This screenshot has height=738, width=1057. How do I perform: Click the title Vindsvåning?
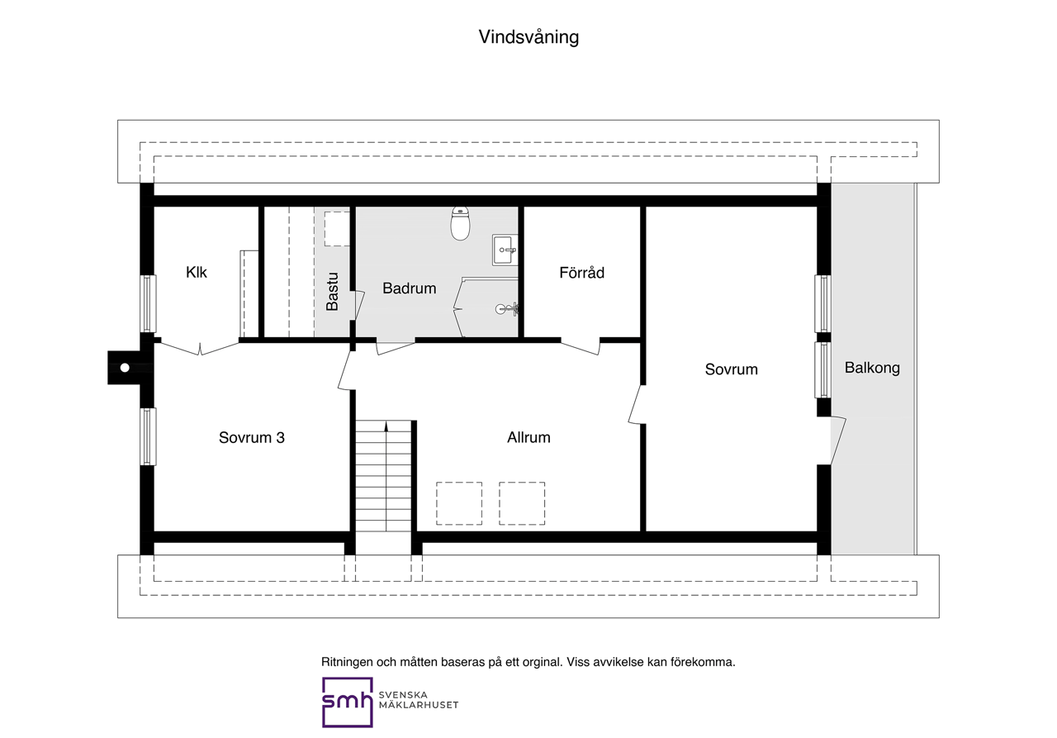pyautogui.click(x=528, y=37)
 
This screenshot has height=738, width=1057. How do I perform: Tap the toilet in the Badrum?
pyautogui.click(x=460, y=223)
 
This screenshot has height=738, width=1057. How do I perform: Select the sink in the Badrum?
pyautogui.click(x=505, y=250)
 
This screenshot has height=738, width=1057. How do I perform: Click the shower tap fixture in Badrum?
pyautogui.click(x=507, y=309)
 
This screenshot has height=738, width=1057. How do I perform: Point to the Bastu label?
pyautogui.click(x=332, y=292)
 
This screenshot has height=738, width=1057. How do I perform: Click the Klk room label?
pyautogui.click(x=197, y=273)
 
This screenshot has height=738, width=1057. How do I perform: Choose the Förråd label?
pyautogui.click(x=582, y=273)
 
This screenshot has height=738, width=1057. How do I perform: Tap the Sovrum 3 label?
pyautogui.click(x=252, y=438)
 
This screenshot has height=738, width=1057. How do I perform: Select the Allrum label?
pyautogui.click(x=528, y=438)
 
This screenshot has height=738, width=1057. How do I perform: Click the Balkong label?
pyautogui.click(x=872, y=368)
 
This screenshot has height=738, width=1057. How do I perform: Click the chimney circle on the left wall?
pyautogui.click(x=125, y=368)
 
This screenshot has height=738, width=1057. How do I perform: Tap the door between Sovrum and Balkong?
pyautogui.click(x=838, y=440)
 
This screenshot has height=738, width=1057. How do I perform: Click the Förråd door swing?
pyautogui.click(x=581, y=347)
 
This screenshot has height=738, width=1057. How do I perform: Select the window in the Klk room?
pyautogui.click(x=148, y=303)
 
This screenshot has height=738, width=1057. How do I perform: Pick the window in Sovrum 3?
pyautogui.click(x=148, y=436)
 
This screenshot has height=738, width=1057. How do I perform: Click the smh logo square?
pyautogui.click(x=348, y=702)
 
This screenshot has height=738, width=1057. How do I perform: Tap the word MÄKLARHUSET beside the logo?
pyautogui.click(x=419, y=706)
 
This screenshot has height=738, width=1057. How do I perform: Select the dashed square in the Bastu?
pyautogui.click(x=337, y=229)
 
